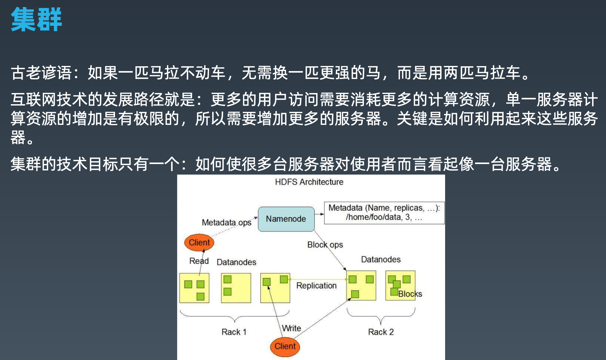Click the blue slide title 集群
(x=36, y=19)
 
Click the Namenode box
(x=286, y=219)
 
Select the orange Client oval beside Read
(x=199, y=242)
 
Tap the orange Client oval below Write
(x=285, y=346)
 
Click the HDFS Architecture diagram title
(x=309, y=182)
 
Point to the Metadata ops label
(x=227, y=222)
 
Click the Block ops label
(x=325, y=245)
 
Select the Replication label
(x=316, y=285)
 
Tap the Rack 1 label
(x=234, y=332)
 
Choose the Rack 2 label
(x=381, y=332)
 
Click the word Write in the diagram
(x=292, y=328)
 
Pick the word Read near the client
(x=199, y=261)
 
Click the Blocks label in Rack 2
(x=410, y=294)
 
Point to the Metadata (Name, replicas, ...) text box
(x=384, y=213)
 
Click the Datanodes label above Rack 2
(x=381, y=259)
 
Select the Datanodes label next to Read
(x=236, y=262)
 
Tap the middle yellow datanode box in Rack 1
(x=236, y=288)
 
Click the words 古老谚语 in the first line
(x=41, y=73)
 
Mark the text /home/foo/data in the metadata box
(x=373, y=217)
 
